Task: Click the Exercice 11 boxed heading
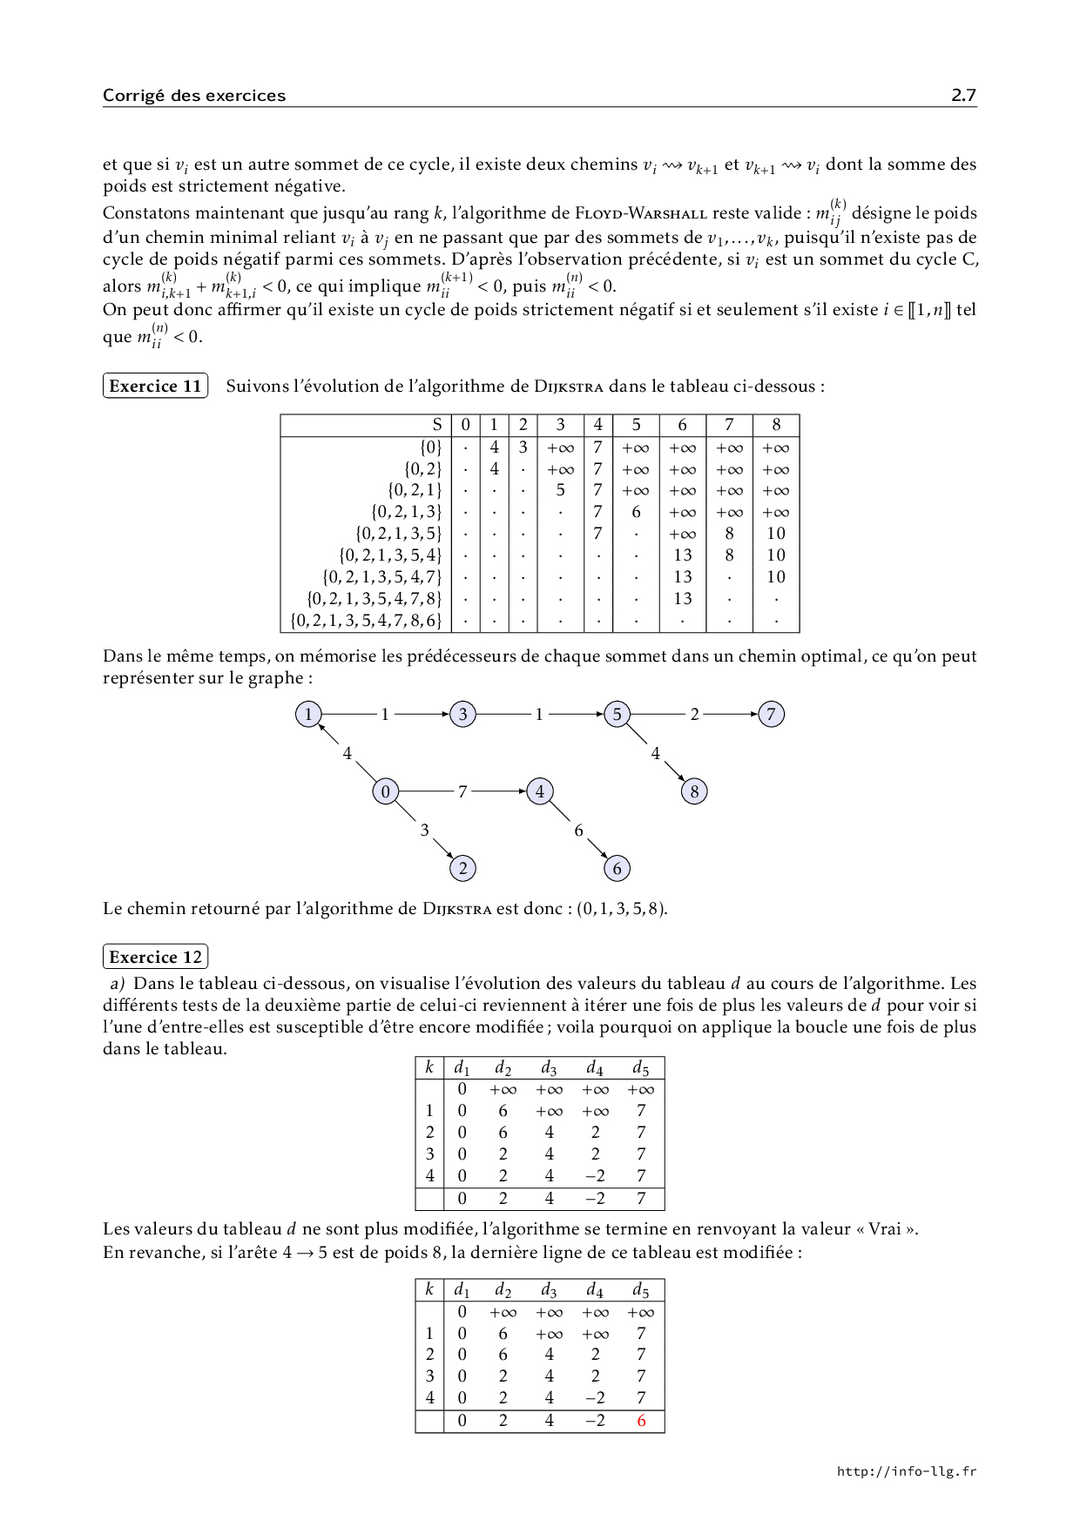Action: [155, 387]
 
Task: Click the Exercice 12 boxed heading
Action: [155, 958]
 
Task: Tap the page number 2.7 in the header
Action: [963, 96]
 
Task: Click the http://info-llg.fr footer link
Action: [906, 1471]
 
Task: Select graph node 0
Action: [385, 791]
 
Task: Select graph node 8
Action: [694, 791]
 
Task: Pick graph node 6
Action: [617, 868]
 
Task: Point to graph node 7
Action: [771, 715]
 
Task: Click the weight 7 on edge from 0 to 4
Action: [462, 791]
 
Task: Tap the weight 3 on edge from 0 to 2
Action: [424, 830]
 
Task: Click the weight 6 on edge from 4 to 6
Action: [578, 830]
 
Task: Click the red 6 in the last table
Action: [642, 1421]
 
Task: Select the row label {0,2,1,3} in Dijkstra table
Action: [407, 512]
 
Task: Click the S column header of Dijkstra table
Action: [437, 425]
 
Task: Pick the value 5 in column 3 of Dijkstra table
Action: [561, 490]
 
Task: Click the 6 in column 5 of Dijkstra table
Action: [637, 512]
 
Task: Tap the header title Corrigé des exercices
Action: [193, 96]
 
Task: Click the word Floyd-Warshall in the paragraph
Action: [641, 213]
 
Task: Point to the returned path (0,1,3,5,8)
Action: [622, 909]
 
